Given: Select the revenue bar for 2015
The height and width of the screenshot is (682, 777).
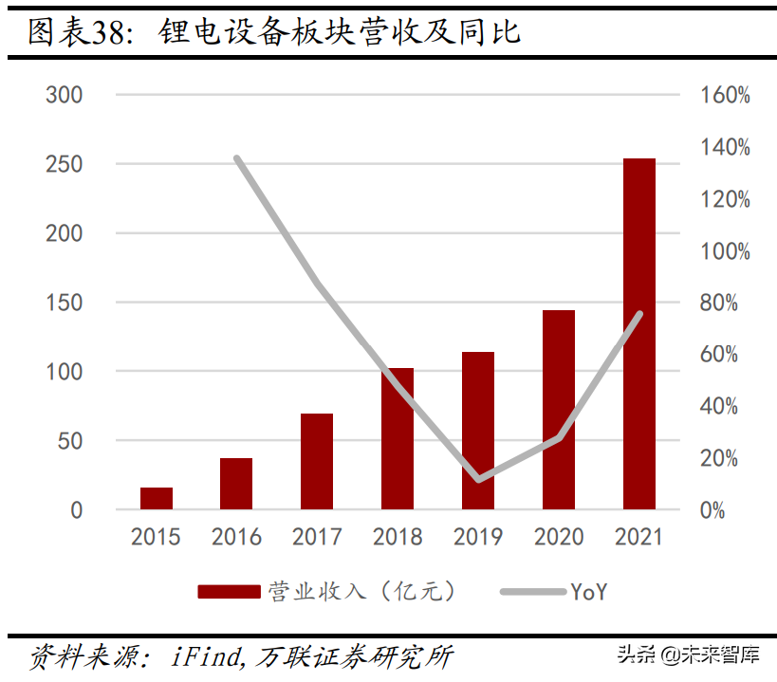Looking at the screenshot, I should [157, 499].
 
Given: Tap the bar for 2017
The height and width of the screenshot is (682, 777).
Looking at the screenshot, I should [317, 462].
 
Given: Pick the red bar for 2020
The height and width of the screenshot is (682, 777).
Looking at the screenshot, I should [559, 410].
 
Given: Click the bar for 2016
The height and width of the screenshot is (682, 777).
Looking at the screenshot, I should [236, 484].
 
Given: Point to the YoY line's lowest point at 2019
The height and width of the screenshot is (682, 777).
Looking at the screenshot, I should [478, 479].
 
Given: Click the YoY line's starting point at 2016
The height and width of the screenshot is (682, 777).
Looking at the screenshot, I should [236, 158].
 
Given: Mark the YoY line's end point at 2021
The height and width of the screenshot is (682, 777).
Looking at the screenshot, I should [640, 314].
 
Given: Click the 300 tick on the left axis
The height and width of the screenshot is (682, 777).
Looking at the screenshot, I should [65, 95].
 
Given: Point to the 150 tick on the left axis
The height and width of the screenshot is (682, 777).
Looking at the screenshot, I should [65, 303].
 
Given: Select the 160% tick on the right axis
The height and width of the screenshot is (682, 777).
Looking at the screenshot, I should [725, 95].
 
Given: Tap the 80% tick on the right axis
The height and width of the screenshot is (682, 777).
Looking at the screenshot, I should [725, 303].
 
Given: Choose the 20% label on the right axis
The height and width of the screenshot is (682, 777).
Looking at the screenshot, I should [725, 458].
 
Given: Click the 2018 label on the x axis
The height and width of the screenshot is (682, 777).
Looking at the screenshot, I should [398, 537].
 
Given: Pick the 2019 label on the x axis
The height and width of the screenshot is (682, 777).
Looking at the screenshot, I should [478, 537].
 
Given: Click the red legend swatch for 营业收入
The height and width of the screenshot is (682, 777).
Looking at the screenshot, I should [228, 592].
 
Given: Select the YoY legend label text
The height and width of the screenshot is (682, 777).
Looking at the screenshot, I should [588, 592].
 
